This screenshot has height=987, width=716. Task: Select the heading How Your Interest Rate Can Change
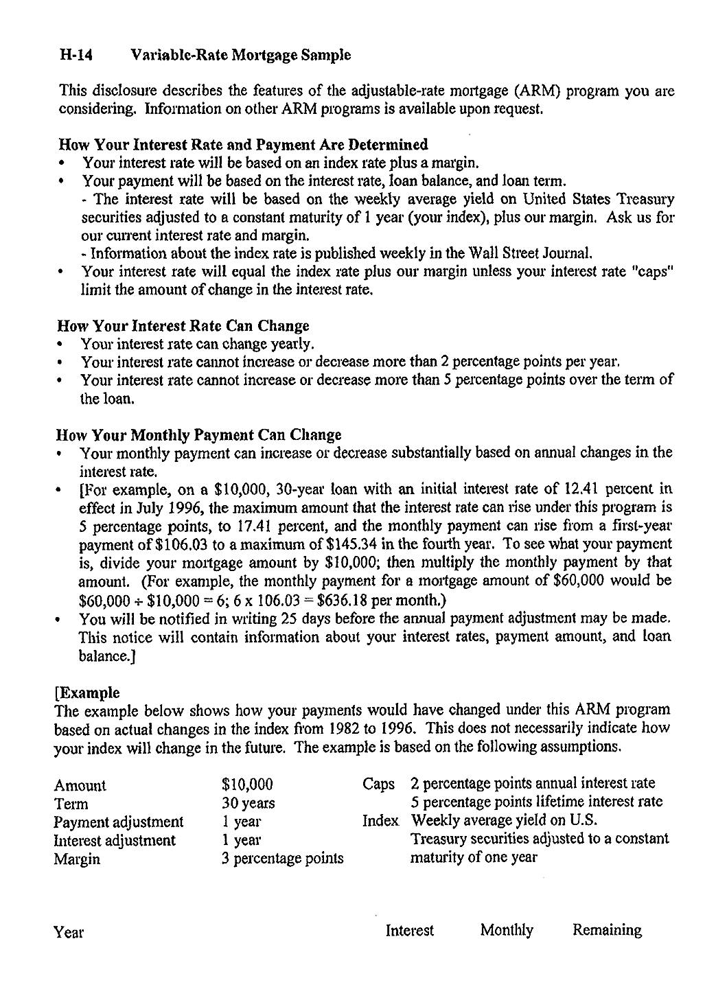click(183, 325)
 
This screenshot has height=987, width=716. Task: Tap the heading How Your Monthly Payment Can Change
click(199, 435)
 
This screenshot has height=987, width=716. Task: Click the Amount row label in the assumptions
click(80, 785)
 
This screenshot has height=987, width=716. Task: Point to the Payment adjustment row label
click(119, 822)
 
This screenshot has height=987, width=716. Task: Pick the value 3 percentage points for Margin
click(282, 859)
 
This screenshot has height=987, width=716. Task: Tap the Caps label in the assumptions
click(378, 784)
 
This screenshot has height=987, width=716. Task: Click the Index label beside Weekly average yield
click(380, 821)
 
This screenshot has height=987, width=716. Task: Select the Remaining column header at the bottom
click(607, 931)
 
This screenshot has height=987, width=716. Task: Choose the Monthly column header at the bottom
click(507, 931)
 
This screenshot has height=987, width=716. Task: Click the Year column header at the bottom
click(69, 932)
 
